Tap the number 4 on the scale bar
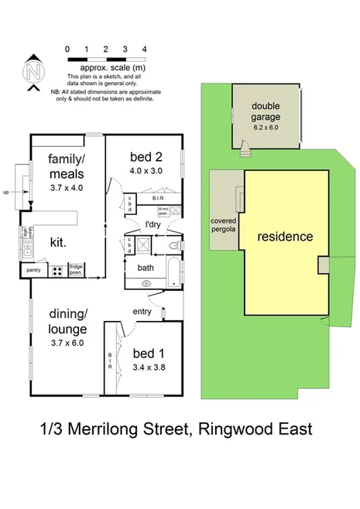tap(145, 49)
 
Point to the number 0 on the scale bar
tap(68, 49)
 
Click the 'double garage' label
tap(266, 113)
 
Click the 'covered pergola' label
tap(223, 225)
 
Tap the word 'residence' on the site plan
tap(285, 237)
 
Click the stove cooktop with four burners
tap(57, 271)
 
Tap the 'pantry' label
tap(33, 271)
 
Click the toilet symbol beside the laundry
tap(174, 247)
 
